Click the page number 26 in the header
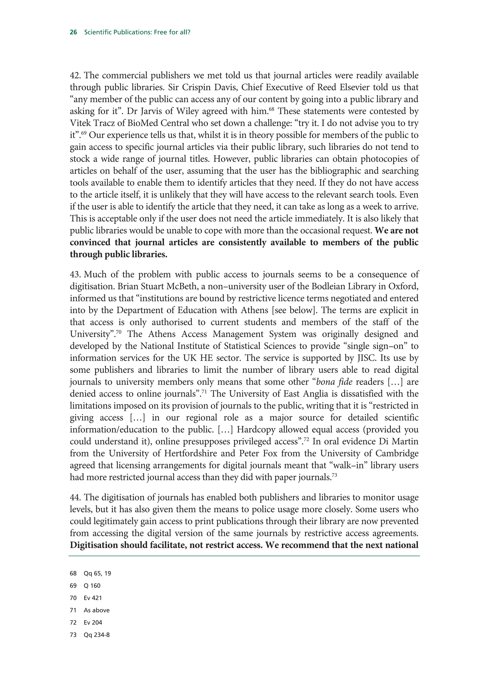pyautogui.click(x=73, y=32)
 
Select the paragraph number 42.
pyautogui.click(x=76, y=75)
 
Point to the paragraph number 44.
pyautogui.click(x=76, y=498)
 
